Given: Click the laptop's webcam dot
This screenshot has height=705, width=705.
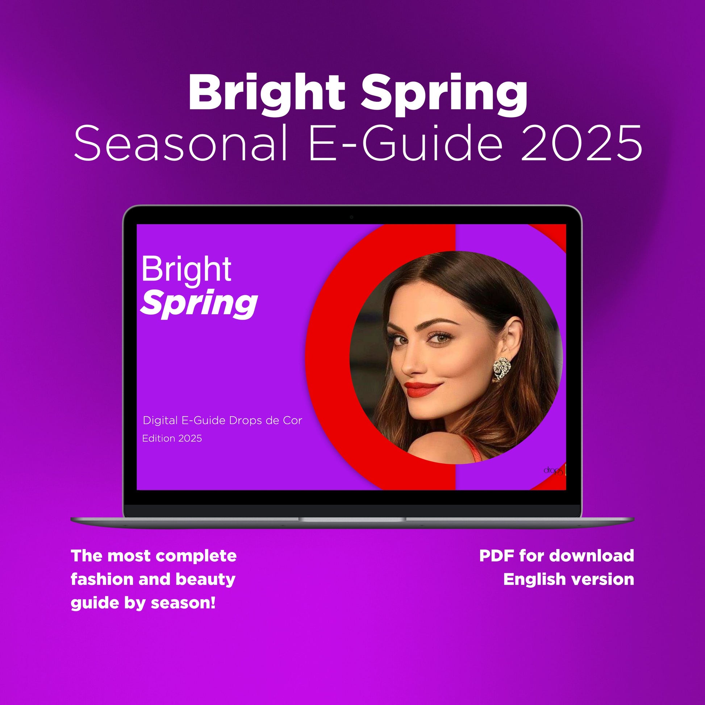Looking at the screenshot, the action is (351, 217).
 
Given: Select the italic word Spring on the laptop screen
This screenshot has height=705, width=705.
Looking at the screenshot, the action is (199, 304).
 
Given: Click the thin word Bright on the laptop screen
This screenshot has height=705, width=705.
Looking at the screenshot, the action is (186, 270).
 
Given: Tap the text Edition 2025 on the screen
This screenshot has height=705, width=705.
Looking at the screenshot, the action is (172, 438).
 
